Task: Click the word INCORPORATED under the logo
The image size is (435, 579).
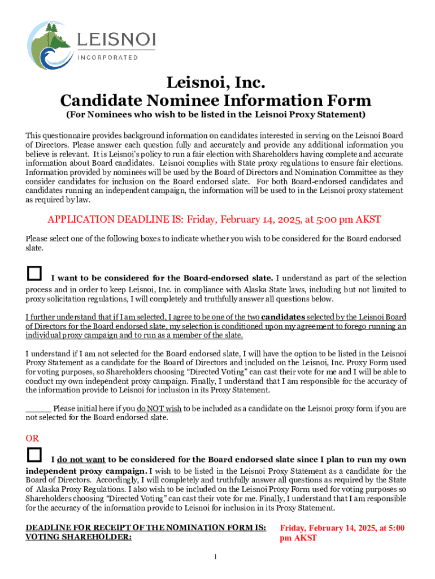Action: click(x=108, y=58)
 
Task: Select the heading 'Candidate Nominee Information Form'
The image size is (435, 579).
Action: click(x=216, y=101)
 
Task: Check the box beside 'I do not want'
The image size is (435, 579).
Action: click(x=34, y=455)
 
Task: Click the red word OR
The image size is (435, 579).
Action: click(x=33, y=438)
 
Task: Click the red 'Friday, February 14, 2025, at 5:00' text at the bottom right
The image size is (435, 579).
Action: click(x=342, y=528)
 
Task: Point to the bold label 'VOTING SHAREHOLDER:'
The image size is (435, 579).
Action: click(x=79, y=538)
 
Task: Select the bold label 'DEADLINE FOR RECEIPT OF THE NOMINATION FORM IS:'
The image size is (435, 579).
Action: click(x=146, y=528)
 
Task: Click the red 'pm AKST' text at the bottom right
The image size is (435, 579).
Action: click(x=298, y=538)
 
